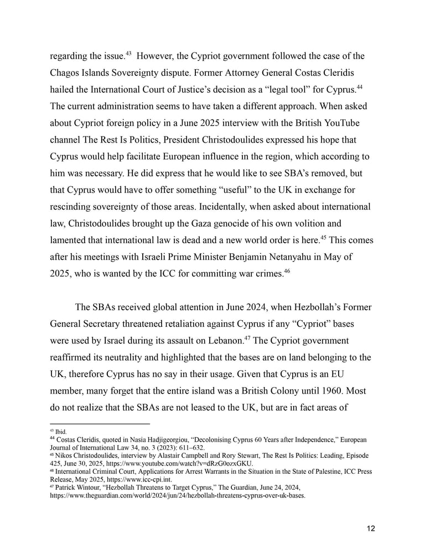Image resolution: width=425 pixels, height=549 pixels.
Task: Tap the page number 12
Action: point(371,528)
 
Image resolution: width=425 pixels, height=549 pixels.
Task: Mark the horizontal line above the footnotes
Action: point(100,423)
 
